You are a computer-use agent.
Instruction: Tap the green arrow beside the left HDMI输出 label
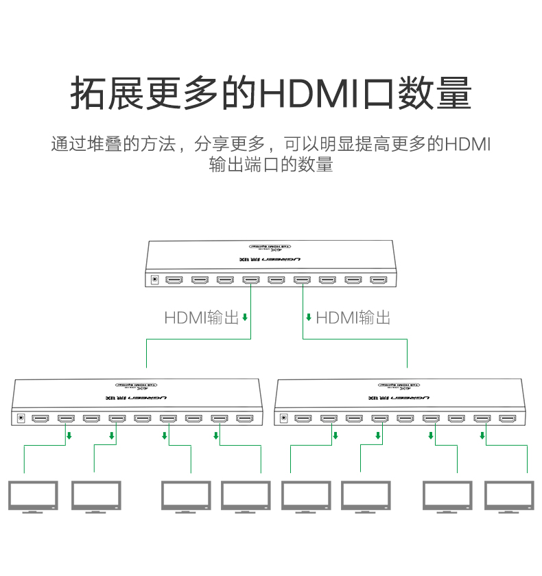click(x=245, y=317)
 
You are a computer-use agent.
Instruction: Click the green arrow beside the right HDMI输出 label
click(x=309, y=317)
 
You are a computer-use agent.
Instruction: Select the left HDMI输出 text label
click(x=201, y=317)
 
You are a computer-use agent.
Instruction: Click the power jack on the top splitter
click(x=155, y=280)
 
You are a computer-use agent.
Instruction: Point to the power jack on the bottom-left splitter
click(x=21, y=418)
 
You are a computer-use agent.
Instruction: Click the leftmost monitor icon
click(x=33, y=496)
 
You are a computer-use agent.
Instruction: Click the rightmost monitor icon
click(x=509, y=496)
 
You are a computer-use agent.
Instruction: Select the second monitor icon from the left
click(x=97, y=496)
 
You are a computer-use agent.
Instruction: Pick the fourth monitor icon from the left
click(x=246, y=496)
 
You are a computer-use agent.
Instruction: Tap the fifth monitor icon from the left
click(x=306, y=496)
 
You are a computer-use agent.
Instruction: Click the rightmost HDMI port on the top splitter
click(x=379, y=280)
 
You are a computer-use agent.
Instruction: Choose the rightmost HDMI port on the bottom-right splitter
click(x=507, y=418)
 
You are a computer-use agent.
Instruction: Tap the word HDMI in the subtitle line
click(x=468, y=145)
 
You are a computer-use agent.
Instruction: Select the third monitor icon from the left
click(x=186, y=496)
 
